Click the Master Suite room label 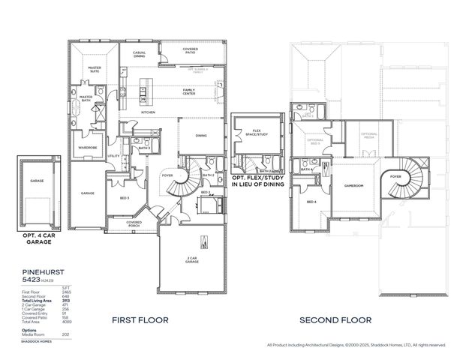(x=95, y=69)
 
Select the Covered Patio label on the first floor (x=189, y=50)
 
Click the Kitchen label (x=148, y=112)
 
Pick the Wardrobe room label (x=89, y=147)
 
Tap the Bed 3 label (x=125, y=198)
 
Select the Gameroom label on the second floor (x=353, y=185)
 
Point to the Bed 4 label (x=311, y=202)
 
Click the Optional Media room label (x=368, y=136)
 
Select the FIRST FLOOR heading (x=140, y=319)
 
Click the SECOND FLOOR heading (x=335, y=319)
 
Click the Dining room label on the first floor (x=201, y=136)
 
